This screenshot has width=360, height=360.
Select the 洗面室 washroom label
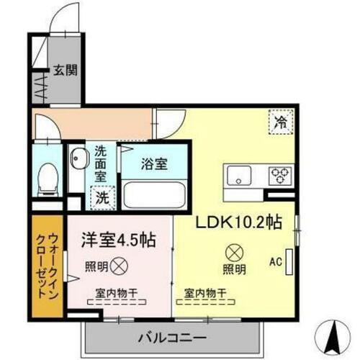[x=102, y=163]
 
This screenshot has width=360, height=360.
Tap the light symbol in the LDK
[x=233, y=253]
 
